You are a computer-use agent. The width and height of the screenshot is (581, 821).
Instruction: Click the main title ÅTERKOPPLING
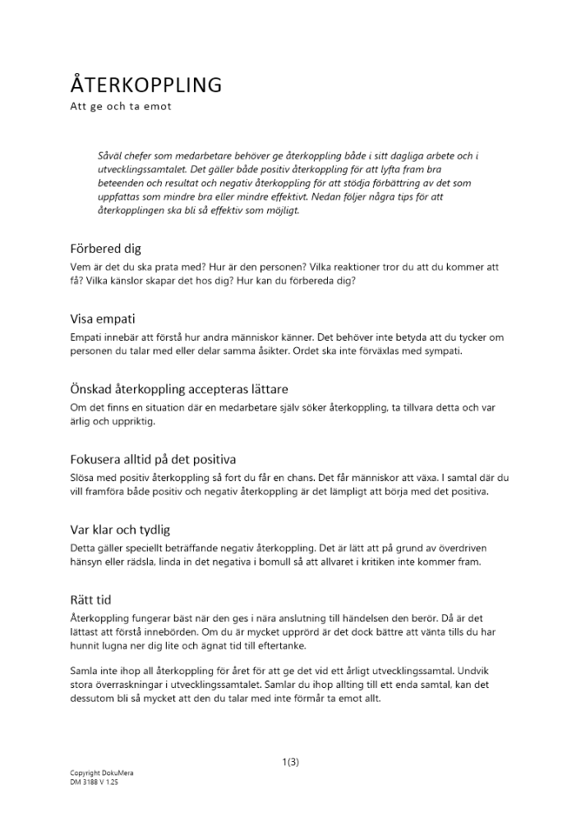(x=145, y=85)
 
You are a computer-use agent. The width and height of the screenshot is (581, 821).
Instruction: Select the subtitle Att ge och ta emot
(x=120, y=107)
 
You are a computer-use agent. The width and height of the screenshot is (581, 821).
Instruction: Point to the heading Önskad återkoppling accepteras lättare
(x=178, y=388)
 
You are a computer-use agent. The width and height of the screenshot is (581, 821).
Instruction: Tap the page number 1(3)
(x=290, y=762)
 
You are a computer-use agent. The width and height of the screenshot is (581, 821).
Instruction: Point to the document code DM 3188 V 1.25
(x=95, y=782)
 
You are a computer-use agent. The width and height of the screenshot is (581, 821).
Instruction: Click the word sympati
(x=445, y=351)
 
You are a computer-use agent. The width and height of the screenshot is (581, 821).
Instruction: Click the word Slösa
(x=83, y=478)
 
